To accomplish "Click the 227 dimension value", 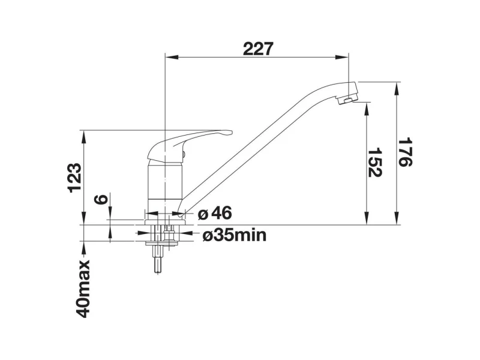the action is [x=258, y=49].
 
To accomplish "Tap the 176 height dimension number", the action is [x=405, y=152].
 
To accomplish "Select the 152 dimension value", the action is [x=374, y=163].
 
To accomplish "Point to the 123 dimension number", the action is [x=75, y=178].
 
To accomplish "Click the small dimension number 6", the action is [x=101, y=199].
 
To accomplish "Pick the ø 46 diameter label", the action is [x=215, y=213].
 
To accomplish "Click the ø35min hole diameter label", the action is [x=235, y=235].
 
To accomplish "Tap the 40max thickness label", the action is [x=83, y=289].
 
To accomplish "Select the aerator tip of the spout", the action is [x=348, y=100].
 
